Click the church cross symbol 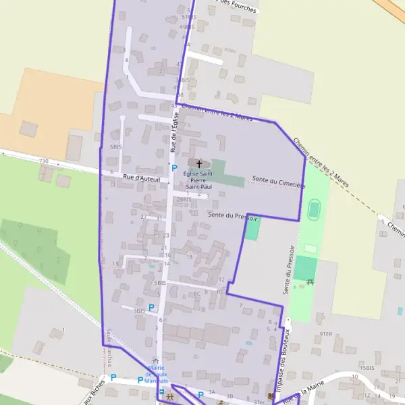tap(198, 163)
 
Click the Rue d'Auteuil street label tap(141, 179)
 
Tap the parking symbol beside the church tap(173, 168)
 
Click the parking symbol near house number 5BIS tap(151, 307)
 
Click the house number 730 tap(44, 161)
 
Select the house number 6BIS tap(115, 146)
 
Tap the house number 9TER tap(327, 333)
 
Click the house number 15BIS tap(367, 368)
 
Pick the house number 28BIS tap(183, 200)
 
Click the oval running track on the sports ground tap(313, 210)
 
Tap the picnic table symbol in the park tap(310, 282)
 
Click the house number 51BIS tap(188, 16)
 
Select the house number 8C tap(196, 294)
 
